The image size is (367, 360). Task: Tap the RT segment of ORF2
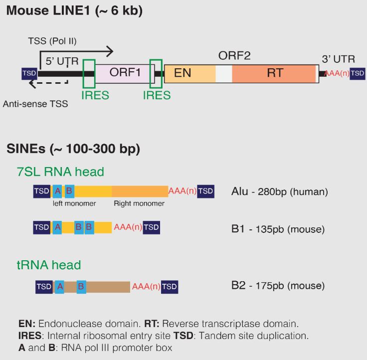pyautogui.click(x=275, y=73)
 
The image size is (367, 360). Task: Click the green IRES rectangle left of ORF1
pyautogui.click(x=89, y=74)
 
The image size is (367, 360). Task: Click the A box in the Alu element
pyautogui.click(x=57, y=191)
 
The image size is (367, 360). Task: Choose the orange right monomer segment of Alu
pyautogui.click(x=140, y=191)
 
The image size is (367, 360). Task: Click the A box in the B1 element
pyautogui.click(x=57, y=228)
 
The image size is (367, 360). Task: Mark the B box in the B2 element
pyautogui.click(x=81, y=287)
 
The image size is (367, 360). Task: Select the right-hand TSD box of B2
pyautogui.click(x=170, y=287)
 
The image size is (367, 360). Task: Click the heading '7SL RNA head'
pyautogui.click(x=60, y=172)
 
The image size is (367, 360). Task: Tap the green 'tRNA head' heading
pyautogui.click(x=49, y=265)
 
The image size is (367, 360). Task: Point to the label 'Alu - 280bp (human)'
pyautogui.click(x=279, y=191)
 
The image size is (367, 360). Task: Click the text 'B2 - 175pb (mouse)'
pyautogui.click(x=278, y=286)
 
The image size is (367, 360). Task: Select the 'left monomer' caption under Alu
pyautogui.click(x=74, y=203)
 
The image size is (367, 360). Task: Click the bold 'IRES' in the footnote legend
pyautogui.click(x=27, y=335)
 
